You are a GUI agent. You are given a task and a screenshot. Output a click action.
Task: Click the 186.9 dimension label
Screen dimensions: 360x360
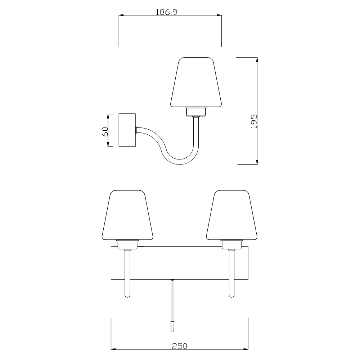[x=166, y=12]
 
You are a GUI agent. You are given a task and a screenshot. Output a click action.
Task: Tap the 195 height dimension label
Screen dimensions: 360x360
[x=254, y=121]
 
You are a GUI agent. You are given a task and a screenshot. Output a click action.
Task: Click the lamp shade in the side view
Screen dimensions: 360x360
[x=196, y=82]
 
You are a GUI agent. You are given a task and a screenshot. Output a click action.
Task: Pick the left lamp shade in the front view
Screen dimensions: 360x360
[x=127, y=215]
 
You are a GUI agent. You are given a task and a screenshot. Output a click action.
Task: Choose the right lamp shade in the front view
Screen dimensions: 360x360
[x=231, y=215]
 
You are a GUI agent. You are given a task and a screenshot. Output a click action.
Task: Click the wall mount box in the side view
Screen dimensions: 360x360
[x=127, y=130]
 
